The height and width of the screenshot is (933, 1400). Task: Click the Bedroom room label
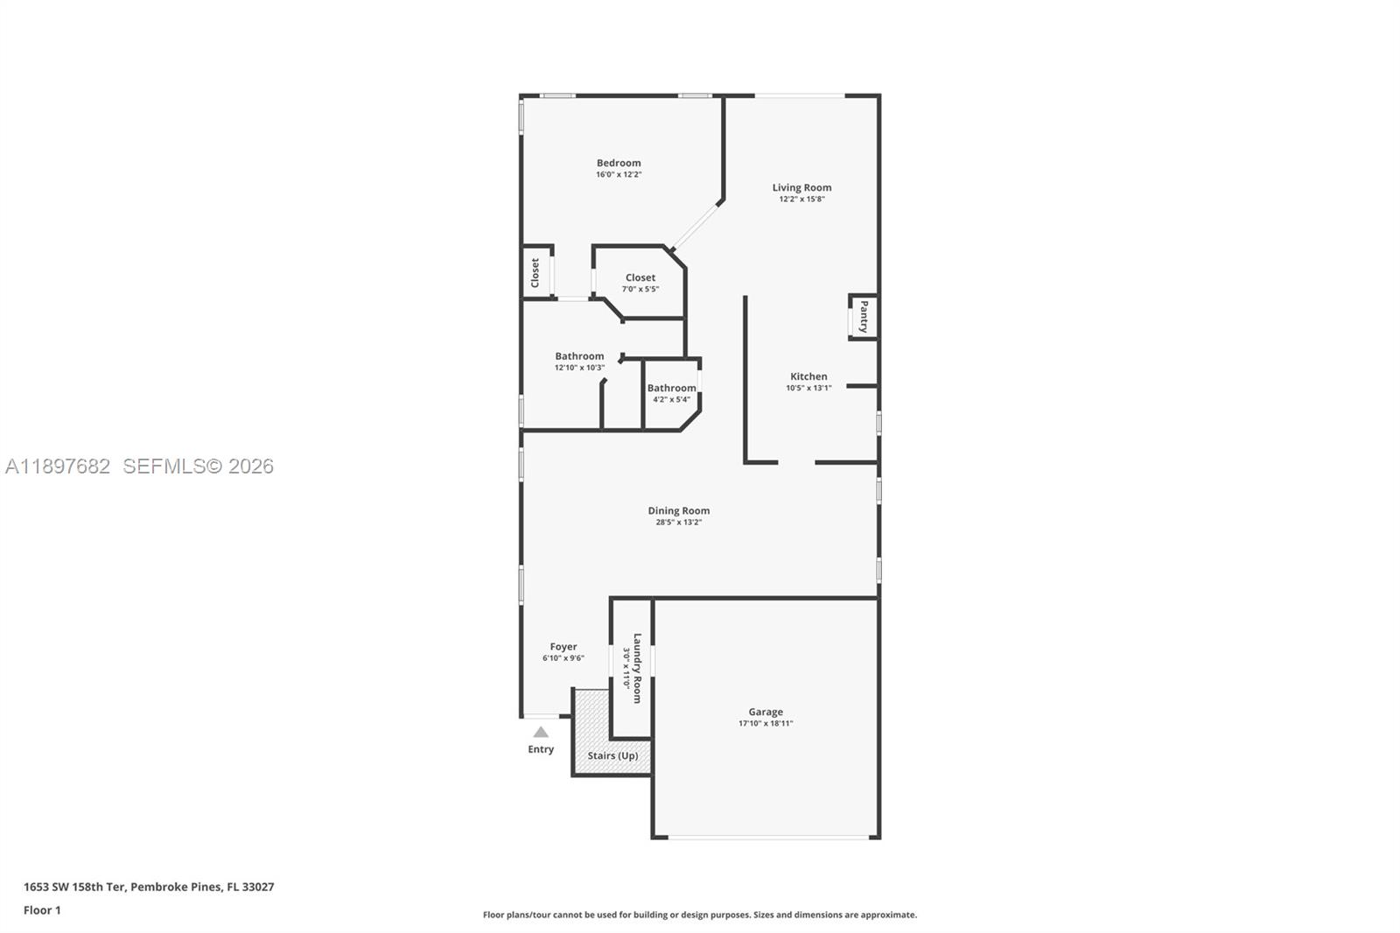tap(619, 163)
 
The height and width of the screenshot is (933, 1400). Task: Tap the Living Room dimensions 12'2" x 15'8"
tap(801, 199)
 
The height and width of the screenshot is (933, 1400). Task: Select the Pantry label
tap(864, 316)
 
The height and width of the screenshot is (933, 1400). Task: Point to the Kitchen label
tap(808, 376)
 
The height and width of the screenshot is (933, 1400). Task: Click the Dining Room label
tap(678, 510)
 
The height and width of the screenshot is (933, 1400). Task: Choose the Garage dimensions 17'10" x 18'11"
tap(766, 724)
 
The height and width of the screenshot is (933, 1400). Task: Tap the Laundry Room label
tap(637, 668)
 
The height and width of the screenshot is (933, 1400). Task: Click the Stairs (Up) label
tap(612, 755)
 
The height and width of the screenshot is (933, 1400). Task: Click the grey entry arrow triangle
tap(541, 732)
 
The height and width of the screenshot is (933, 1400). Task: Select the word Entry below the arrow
tap(541, 749)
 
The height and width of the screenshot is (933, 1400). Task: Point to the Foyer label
tap(563, 647)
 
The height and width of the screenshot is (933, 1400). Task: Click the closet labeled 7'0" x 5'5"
tap(640, 283)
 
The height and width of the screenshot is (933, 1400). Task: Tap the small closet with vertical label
tap(535, 272)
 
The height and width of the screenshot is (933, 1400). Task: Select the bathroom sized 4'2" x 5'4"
tap(671, 393)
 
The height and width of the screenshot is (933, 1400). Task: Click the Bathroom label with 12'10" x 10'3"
tap(579, 361)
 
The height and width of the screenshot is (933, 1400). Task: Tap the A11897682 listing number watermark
tap(58, 466)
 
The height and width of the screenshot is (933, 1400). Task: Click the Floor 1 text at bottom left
tap(42, 910)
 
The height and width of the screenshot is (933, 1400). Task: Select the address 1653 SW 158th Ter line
tap(149, 887)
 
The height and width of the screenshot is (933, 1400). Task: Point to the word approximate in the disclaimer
tap(888, 915)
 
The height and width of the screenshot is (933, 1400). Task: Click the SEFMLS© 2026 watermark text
tap(198, 466)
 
